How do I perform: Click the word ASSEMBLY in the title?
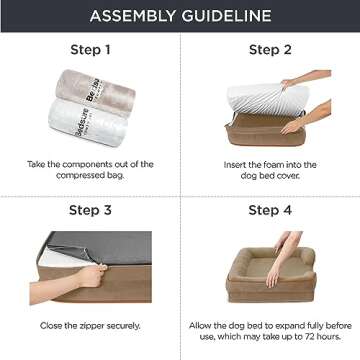point(133,16)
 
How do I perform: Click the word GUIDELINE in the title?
point(227,16)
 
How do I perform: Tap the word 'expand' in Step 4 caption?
point(287,325)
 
